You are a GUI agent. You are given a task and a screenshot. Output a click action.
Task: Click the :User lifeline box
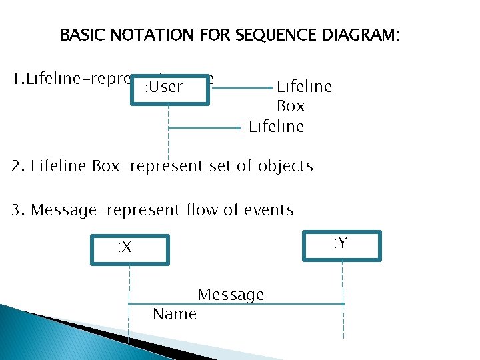pos(169,87)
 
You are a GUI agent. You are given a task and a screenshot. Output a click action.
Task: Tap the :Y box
pos(342,244)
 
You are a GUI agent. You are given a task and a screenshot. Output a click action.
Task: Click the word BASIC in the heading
pos(83,35)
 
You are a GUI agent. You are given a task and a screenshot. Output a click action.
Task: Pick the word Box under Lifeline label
pos(291,106)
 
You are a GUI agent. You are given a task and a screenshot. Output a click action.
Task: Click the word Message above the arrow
pos(231,295)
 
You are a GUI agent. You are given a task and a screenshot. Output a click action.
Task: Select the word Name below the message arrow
pos(175,314)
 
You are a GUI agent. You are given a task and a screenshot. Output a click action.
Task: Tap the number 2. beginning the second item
pos(18,166)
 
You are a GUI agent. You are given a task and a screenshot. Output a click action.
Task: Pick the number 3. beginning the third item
pos(18,210)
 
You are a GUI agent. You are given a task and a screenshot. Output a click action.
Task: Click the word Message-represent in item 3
pos(106,210)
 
